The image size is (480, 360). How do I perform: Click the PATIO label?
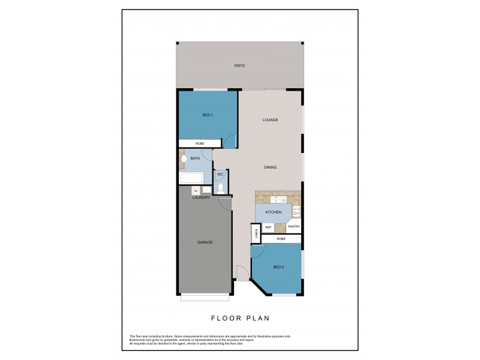(x=239, y=65)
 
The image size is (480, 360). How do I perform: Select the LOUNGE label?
(x=269, y=120)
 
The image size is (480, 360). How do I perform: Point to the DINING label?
(x=269, y=167)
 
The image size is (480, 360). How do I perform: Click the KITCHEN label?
(x=273, y=212)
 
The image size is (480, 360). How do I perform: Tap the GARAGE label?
(x=205, y=242)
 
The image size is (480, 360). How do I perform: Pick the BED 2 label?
(x=278, y=266)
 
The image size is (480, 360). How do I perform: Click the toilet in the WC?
(x=220, y=187)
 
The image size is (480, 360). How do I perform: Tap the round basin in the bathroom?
(x=183, y=160)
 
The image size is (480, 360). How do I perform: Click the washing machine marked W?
(x=196, y=191)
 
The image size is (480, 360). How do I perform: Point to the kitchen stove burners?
(x=296, y=211)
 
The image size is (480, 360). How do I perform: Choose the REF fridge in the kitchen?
(x=269, y=227)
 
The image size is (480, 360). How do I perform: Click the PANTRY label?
(x=293, y=227)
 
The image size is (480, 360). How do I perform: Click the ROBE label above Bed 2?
(x=281, y=239)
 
